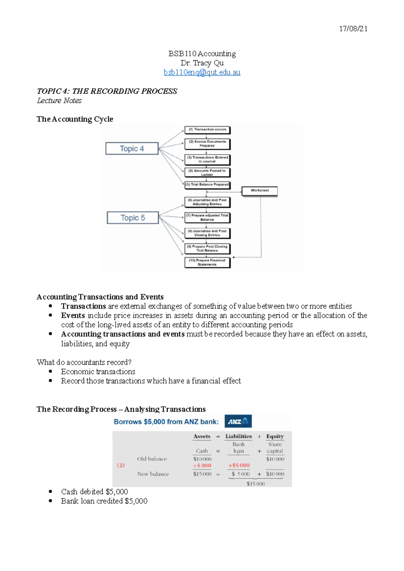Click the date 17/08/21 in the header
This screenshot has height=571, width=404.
tap(353, 29)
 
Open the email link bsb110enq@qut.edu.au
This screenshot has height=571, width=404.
tap(202, 72)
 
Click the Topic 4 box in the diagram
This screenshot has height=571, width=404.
tap(132, 149)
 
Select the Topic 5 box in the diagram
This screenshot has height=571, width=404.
tap(133, 218)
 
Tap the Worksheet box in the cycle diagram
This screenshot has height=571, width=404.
tap(260, 191)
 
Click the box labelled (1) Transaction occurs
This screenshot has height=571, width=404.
tap(207, 130)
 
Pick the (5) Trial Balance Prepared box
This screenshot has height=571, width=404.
tap(207, 185)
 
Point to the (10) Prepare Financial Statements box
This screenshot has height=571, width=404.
tap(207, 262)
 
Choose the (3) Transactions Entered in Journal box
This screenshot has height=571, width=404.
tap(207, 159)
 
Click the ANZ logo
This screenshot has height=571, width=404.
tap(238, 421)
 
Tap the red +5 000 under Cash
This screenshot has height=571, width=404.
tap(202, 466)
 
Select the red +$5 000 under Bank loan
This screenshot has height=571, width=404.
tap(239, 466)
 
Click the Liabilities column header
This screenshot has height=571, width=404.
tap(238, 436)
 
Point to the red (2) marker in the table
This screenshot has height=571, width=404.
tap(121, 465)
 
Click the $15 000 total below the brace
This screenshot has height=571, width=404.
tap(256, 484)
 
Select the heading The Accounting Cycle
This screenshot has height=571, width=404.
tap(75, 119)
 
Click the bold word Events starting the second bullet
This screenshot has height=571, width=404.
tap(73, 316)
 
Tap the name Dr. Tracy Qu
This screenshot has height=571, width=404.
tap(202, 63)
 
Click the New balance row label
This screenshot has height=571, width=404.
tap(153, 474)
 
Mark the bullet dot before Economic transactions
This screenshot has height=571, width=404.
tap(50, 372)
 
